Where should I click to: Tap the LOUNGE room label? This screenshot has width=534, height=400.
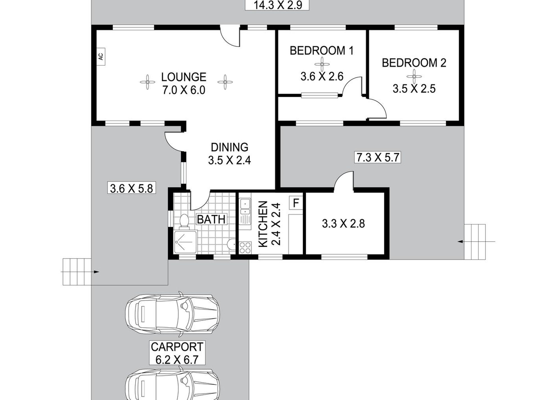click(x=184, y=77)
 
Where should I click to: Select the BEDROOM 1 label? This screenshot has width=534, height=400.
click(x=322, y=51)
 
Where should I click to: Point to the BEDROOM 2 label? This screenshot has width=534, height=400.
click(x=414, y=63)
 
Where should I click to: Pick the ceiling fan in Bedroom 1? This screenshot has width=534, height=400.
click(x=322, y=64)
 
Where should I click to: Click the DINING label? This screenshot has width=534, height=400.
click(x=230, y=147)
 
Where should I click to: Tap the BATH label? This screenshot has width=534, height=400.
click(x=211, y=219)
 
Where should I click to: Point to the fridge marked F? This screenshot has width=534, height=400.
click(x=296, y=203)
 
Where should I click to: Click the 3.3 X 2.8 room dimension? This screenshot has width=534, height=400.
click(x=343, y=224)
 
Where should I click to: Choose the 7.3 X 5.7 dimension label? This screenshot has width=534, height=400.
click(x=377, y=157)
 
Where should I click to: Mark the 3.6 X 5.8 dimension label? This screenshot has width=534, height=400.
click(x=132, y=188)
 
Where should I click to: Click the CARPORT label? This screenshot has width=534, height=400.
click(x=177, y=347)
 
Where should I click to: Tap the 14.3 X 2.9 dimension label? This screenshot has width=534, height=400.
click(x=277, y=5)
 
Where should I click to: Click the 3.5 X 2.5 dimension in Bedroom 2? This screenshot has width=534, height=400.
click(x=414, y=89)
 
